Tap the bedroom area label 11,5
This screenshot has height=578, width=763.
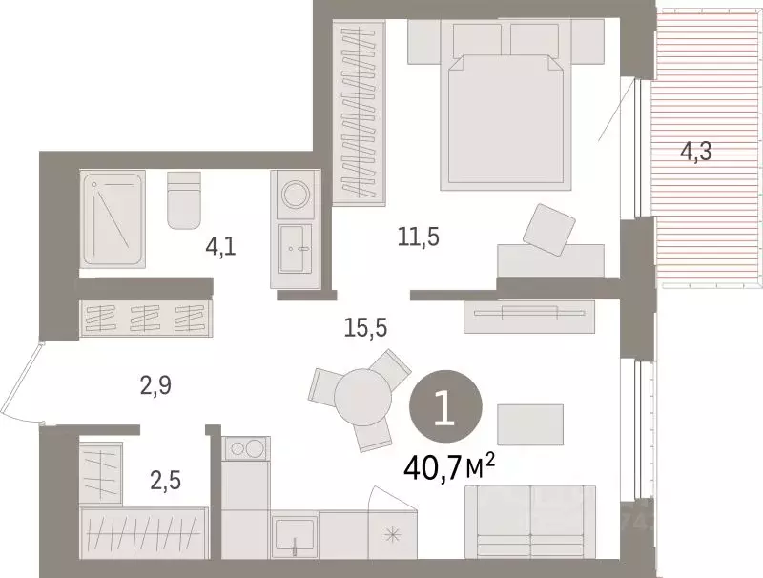coord(419,237)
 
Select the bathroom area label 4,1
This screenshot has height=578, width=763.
coord(221,247)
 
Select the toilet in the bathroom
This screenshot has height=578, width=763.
coord(184,199)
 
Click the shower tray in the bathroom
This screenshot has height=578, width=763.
coord(113,218)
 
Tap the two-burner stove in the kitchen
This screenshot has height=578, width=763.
coord(246,447)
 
